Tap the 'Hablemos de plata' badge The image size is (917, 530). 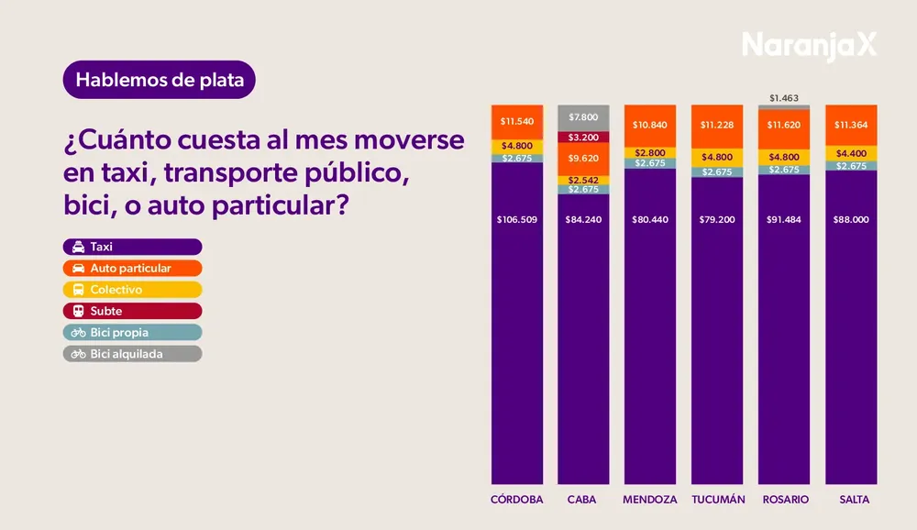point(160,80)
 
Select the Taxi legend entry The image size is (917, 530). point(132,247)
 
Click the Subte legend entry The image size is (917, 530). point(132,311)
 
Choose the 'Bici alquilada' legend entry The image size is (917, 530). point(132,353)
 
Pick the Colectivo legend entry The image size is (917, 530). point(132,290)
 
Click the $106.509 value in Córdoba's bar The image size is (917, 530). point(517,220)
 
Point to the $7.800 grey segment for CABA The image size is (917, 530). point(583,117)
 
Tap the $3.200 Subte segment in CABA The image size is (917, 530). point(583,138)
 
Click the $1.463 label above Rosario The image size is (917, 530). point(784,96)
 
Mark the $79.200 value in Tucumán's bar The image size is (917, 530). point(717,220)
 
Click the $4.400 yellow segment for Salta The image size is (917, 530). point(851,152)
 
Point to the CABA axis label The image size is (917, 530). point(582,500)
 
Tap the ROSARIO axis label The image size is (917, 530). point(784,500)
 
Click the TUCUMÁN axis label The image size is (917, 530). point(717,500)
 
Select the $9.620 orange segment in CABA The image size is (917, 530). point(583,158)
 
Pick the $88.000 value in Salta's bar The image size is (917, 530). point(851,220)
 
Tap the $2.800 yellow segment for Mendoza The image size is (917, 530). point(650,152)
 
